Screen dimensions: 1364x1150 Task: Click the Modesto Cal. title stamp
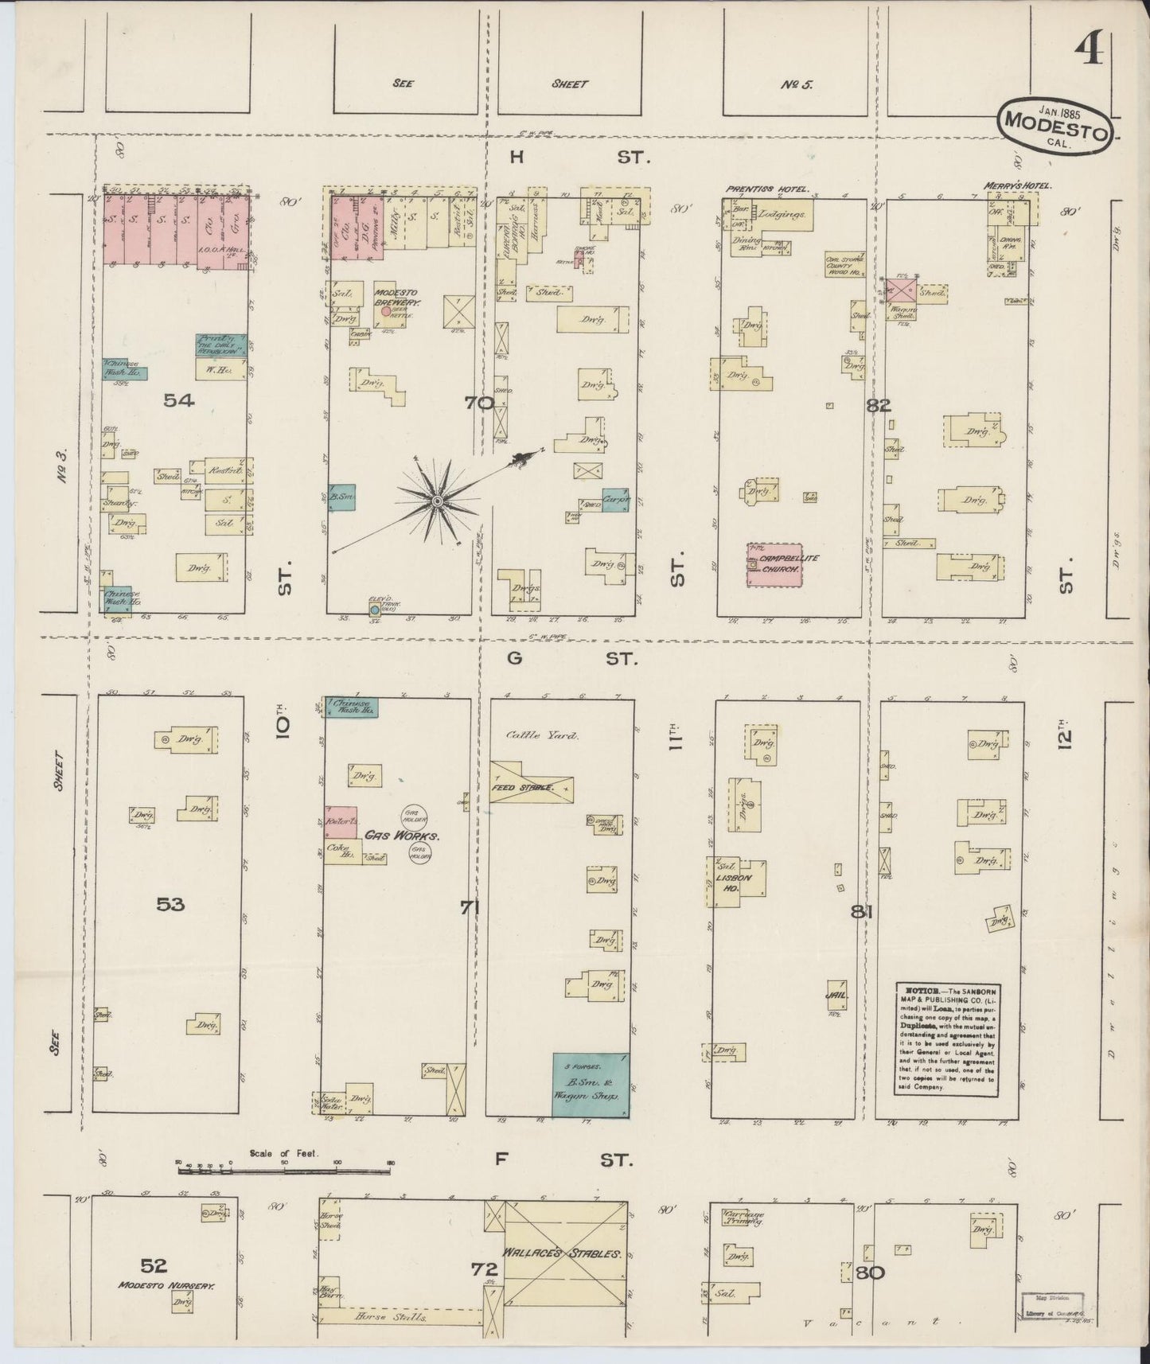point(1054,124)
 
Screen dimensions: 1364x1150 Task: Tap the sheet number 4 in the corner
point(1090,54)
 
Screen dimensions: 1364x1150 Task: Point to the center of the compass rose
point(436,501)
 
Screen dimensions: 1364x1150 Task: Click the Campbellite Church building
point(773,566)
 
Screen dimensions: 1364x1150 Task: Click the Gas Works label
point(392,836)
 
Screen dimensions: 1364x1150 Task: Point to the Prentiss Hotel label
point(766,189)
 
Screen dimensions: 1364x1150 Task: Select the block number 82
point(879,405)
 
